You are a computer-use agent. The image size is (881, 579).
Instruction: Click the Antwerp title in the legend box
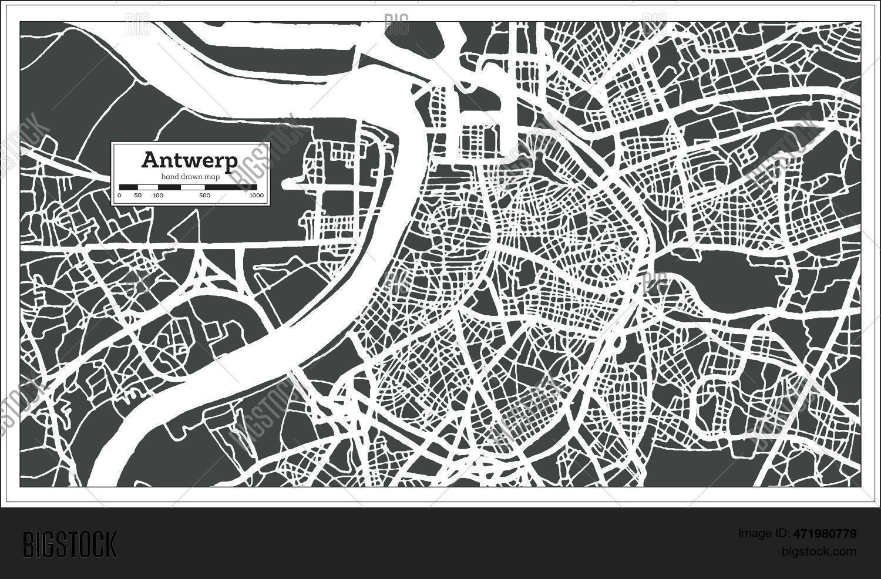click(x=190, y=160)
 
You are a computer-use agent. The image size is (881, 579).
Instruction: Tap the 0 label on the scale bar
click(x=119, y=196)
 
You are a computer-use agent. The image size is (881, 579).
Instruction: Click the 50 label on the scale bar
click(x=137, y=196)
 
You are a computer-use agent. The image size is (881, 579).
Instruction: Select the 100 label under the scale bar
click(x=157, y=196)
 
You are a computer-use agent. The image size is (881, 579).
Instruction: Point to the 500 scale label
click(x=204, y=196)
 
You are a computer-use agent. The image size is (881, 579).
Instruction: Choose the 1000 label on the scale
click(x=256, y=196)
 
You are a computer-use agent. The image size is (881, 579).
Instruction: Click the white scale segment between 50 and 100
click(x=147, y=187)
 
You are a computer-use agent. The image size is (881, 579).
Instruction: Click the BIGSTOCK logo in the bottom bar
click(x=70, y=544)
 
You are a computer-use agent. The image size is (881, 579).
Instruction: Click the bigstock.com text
click(x=819, y=551)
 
